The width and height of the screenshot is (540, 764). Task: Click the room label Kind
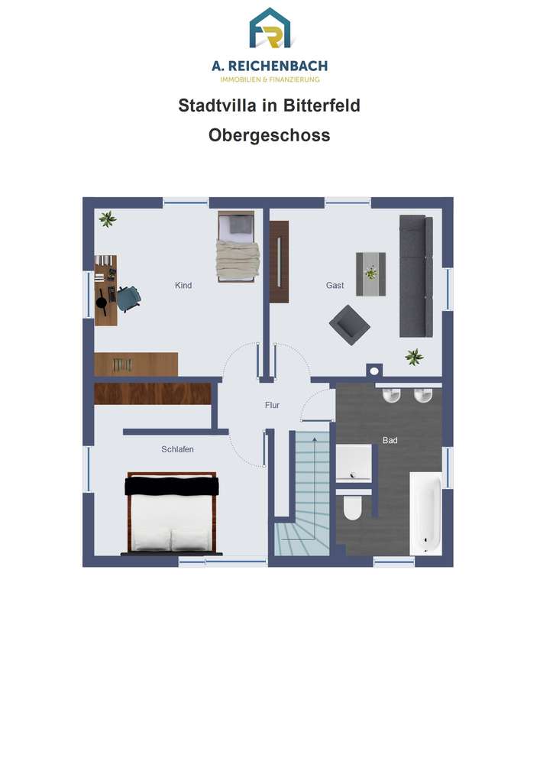pyautogui.click(x=183, y=286)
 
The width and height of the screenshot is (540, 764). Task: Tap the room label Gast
pyautogui.click(x=335, y=286)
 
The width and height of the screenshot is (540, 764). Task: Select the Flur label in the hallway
pyautogui.click(x=272, y=405)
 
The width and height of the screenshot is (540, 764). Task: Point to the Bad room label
pyautogui.click(x=390, y=440)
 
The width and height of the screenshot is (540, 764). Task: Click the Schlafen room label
pyautogui.click(x=177, y=449)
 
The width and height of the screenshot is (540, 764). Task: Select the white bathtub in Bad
pyautogui.click(x=425, y=513)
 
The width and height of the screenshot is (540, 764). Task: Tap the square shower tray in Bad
pyautogui.click(x=354, y=463)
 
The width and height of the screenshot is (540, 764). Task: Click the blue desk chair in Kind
pyautogui.click(x=128, y=298)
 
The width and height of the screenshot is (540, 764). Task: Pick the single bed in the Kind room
pyautogui.click(x=236, y=247)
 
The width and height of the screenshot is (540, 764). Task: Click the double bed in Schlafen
pyautogui.click(x=171, y=513)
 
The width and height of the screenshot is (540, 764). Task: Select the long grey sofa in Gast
pyautogui.click(x=416, y=277)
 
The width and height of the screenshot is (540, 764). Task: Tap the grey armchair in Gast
pyautogui.click(x=349, y=325)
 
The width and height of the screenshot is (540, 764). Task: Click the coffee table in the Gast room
pyautogui.click(x=371, y=274)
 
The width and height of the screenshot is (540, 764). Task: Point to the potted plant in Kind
pyautogui.click(x=108, y=219)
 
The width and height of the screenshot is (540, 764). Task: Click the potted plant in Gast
pyautogui.click(x=414, y=357)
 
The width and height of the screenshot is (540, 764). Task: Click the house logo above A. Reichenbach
pyautogui.click(x=270, y=28)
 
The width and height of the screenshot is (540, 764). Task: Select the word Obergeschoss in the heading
pyautogui.click(x=270, y=135)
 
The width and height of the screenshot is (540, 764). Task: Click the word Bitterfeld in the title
pyautogui.click(x=322, y=105)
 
